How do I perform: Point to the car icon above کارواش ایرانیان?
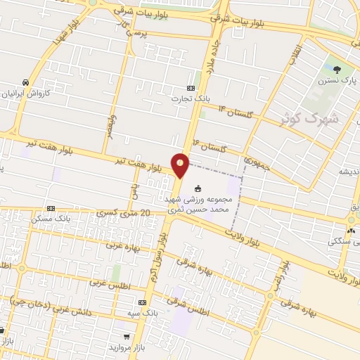point(25,82)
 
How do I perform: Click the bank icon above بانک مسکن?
point(51,208)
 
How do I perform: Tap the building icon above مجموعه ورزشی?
point(198,188)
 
